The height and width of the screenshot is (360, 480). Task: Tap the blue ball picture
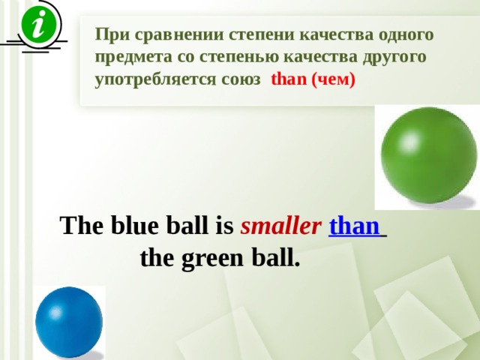[69, 322]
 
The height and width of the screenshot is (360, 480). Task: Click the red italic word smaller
[280, 226]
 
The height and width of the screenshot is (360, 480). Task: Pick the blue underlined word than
[355, 226]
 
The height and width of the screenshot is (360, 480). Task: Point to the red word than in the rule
[289, 79]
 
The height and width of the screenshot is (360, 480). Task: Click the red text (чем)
[333, 79]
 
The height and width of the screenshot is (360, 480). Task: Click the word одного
[406, 34]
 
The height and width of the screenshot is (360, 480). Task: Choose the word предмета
[133, 57]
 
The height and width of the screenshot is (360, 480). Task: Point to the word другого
[394, 57]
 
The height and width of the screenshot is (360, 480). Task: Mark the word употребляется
[155, 79]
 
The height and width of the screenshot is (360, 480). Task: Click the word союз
[241, 79]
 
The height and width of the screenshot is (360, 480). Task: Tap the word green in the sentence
[211, 259]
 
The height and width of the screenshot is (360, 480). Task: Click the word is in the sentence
[225, 225]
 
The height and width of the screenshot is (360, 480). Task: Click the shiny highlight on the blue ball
[55, 312]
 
